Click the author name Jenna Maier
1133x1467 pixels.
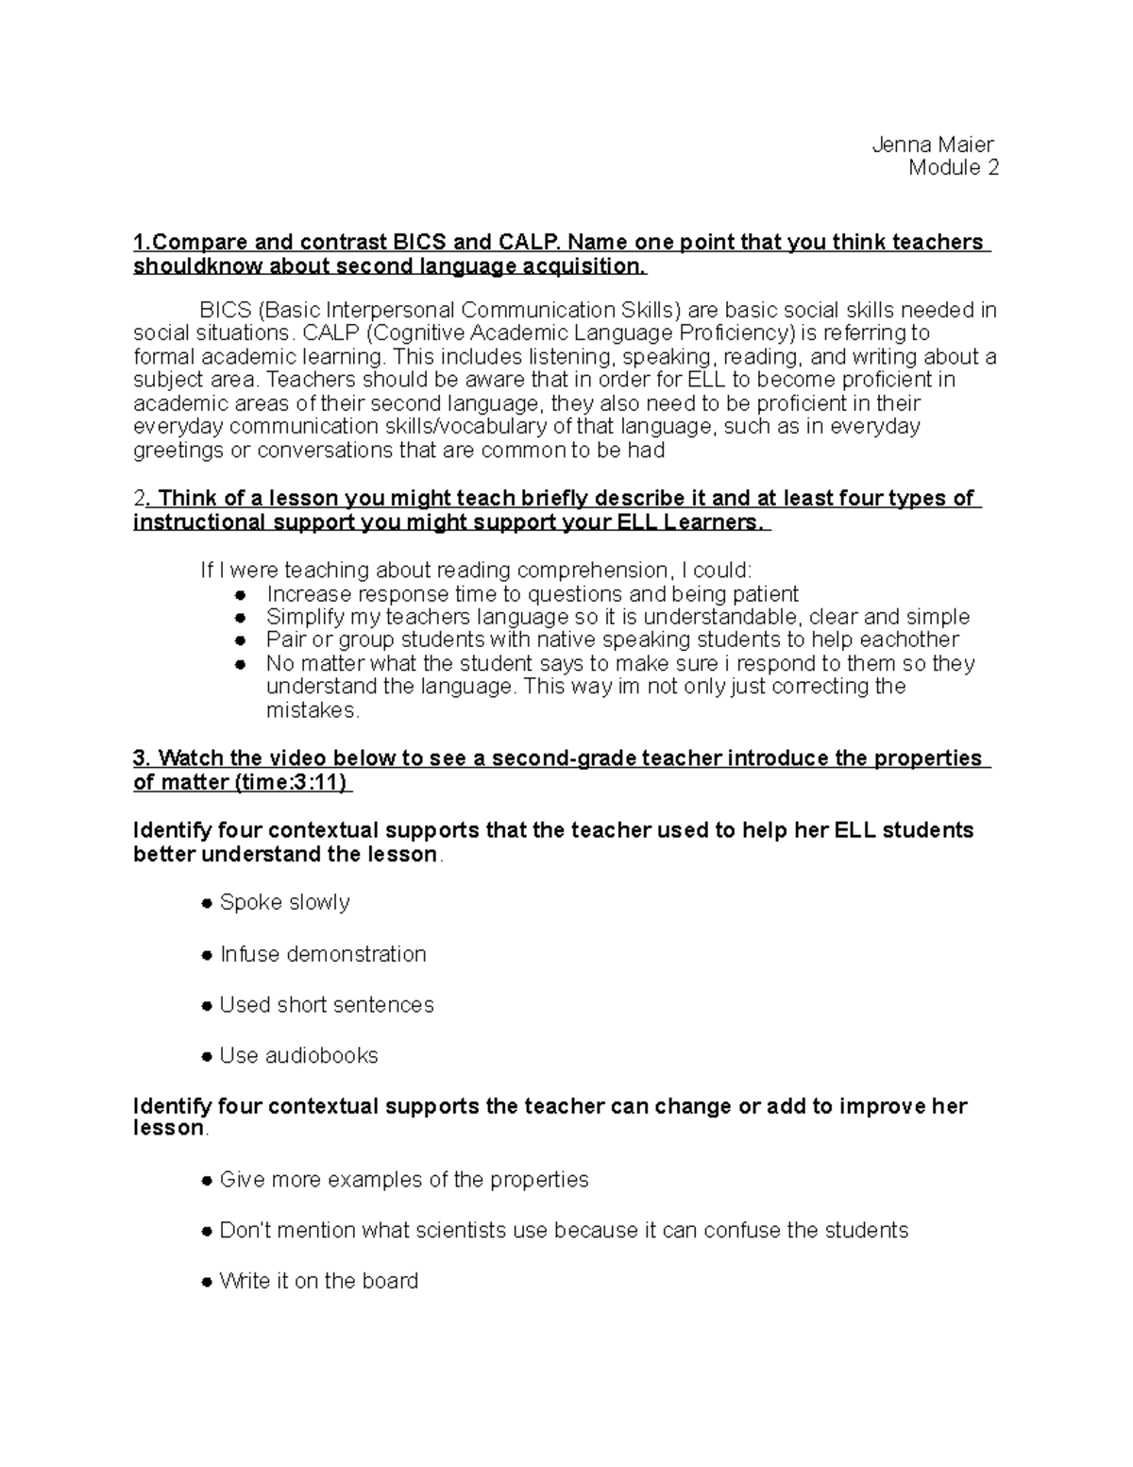(x=932, y=145)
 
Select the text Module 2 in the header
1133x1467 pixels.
(x=953, y=168)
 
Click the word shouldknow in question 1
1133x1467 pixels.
(x=183, y=266)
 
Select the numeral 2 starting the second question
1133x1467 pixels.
(x=140, y=499)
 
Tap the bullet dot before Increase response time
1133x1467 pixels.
(x=241, y=595)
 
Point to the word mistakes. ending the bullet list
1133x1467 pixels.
(x=313, y=709)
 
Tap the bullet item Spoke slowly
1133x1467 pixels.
(x=284, y=902)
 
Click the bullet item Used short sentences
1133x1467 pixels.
(x=326, y=1004)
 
